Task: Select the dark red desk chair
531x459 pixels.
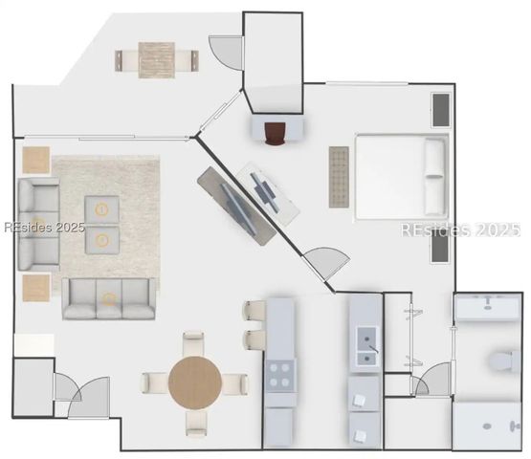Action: coord(277,135)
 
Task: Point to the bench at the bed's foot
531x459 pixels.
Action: coord(339,176)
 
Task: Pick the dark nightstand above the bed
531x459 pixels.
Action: coord(440,110)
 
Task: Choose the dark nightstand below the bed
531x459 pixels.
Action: coord(439,248)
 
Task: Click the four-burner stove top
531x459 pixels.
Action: coord(280,375)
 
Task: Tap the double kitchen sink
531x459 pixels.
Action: coord(365,346)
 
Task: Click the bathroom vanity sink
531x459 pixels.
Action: coord(488,307)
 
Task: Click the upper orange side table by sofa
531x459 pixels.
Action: coord(36,160)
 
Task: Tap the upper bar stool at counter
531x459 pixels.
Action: coord(255,312)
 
